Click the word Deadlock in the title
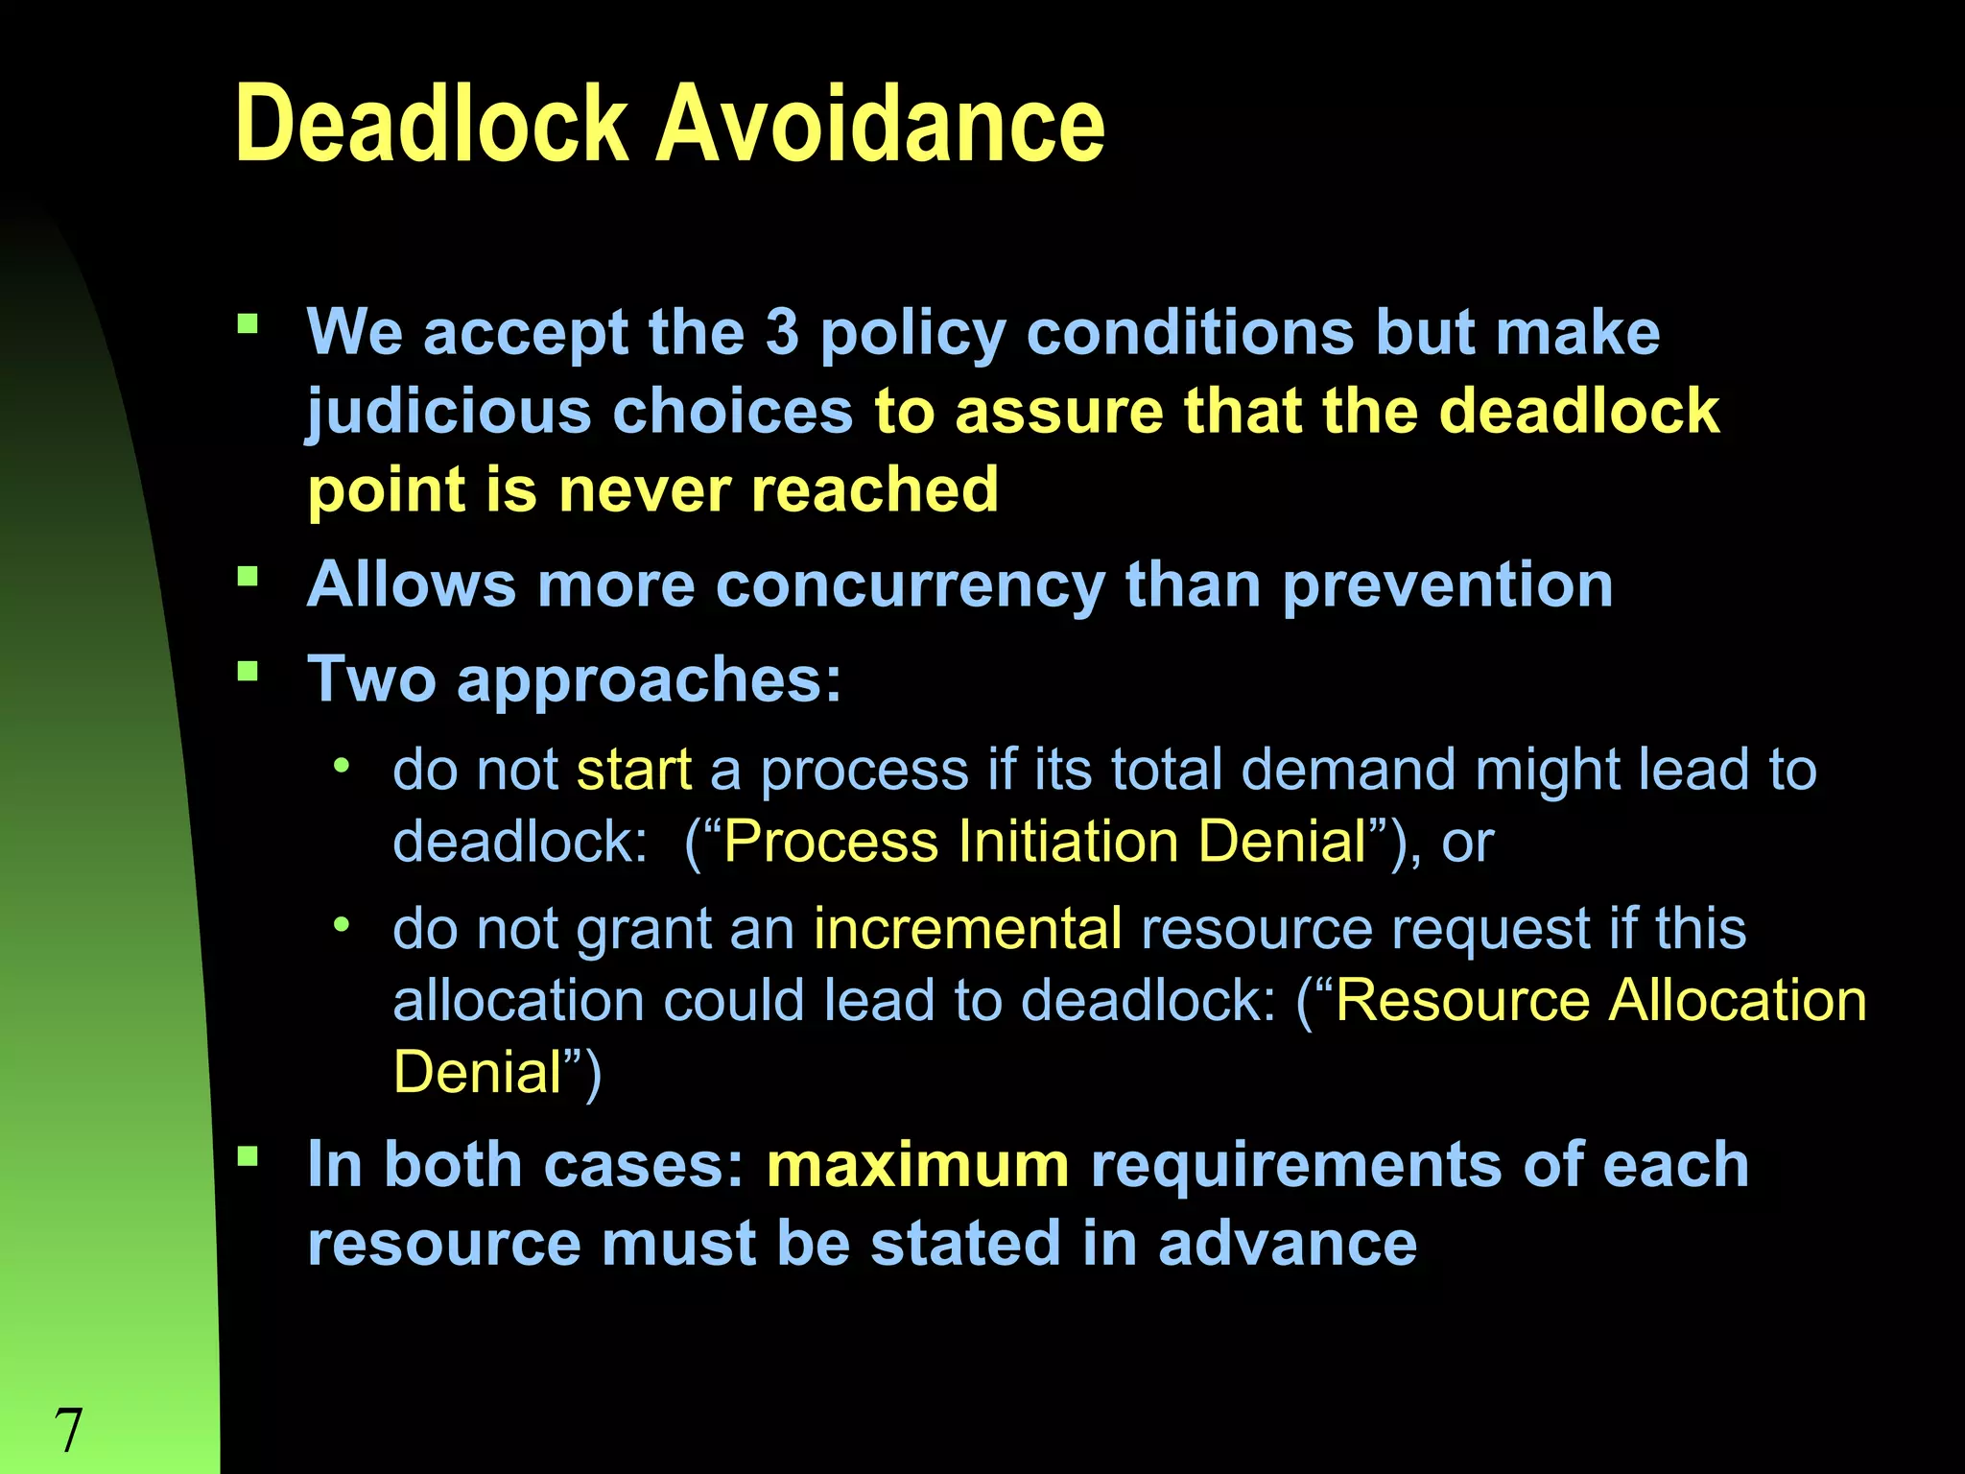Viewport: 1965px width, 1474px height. (x=431, y=124)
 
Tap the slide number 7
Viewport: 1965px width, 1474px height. (x=68, y=1430)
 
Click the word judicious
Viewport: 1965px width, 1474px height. (x=449, y=413)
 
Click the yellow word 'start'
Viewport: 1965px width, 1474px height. (x=634, y=770)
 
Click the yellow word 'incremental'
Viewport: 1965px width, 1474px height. (x=967, y=929)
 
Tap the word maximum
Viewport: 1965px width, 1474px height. (x=917, y=1165)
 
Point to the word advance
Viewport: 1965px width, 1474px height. (x=1287, y=1244)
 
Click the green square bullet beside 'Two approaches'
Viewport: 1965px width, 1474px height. (x=249, y=671)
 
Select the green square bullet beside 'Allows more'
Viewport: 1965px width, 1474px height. (x=249, y=577)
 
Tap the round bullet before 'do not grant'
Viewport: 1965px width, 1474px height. (x=341, y=925)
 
